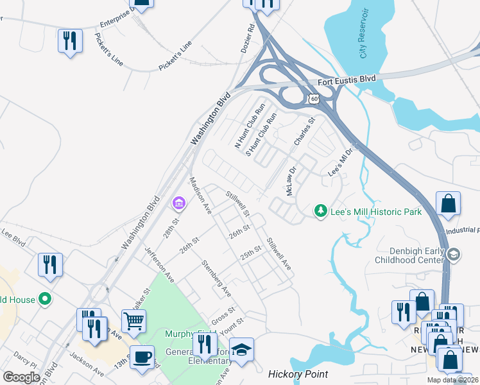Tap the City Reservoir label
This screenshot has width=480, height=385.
coord(363,42)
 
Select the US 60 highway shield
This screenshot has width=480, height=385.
coord(313,99)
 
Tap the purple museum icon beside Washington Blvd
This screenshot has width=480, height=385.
coord(178,205)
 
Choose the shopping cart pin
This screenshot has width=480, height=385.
coord(133,320)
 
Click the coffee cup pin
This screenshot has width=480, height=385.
coord(142,356)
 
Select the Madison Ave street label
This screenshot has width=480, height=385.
coord(200,195)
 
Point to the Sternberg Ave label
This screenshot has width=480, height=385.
coord(216,278)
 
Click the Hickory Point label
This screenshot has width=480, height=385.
coord(298,374)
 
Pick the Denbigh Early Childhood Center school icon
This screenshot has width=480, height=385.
coord(454,255)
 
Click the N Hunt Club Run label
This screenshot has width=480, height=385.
coord(250,126)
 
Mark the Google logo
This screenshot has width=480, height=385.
coord(21,377)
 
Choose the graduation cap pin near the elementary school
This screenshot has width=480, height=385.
coord(241,350)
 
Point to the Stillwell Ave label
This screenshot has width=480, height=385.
coord(279,253)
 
